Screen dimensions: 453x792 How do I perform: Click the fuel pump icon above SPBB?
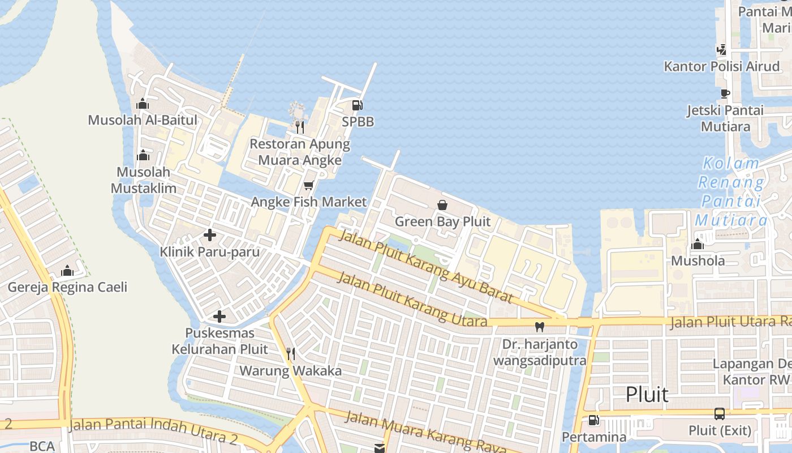point(357,105)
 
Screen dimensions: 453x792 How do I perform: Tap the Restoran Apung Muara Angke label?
point(300,152)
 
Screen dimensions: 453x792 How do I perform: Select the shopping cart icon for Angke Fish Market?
point(308,185)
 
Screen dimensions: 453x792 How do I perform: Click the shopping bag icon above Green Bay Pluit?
point(442,205)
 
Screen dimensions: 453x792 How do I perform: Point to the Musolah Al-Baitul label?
point(143,120)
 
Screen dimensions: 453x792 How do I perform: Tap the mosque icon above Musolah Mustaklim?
point(143,155)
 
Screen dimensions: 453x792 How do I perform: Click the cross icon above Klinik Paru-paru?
point(210,235)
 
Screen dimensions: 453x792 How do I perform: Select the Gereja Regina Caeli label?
point(67,287)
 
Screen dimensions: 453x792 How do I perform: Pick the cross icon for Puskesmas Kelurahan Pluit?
point(219,317)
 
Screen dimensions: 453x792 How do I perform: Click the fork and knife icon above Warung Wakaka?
point(290,354)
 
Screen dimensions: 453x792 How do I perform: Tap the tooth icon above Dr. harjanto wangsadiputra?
point(540,327)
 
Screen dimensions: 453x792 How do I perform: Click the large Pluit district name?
point(647,394)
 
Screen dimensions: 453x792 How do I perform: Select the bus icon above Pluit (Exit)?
point(719,414)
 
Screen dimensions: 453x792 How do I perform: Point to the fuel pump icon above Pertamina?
point(593,420)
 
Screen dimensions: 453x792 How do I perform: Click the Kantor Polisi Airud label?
point(722,66)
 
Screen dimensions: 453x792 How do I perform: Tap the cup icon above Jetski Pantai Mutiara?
point(725,93)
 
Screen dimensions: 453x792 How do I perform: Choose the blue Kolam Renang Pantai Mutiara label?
point(731,191)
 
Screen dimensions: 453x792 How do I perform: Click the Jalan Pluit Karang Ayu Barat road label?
point(425,266)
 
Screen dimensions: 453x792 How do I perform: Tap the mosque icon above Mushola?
point(698,244)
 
